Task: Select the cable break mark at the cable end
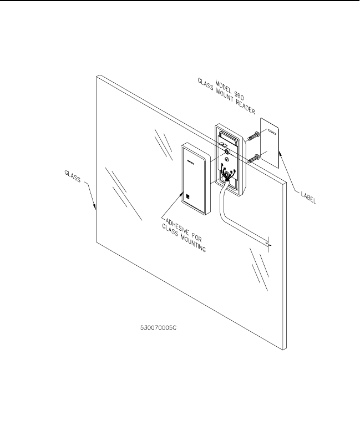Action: [268, 244]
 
